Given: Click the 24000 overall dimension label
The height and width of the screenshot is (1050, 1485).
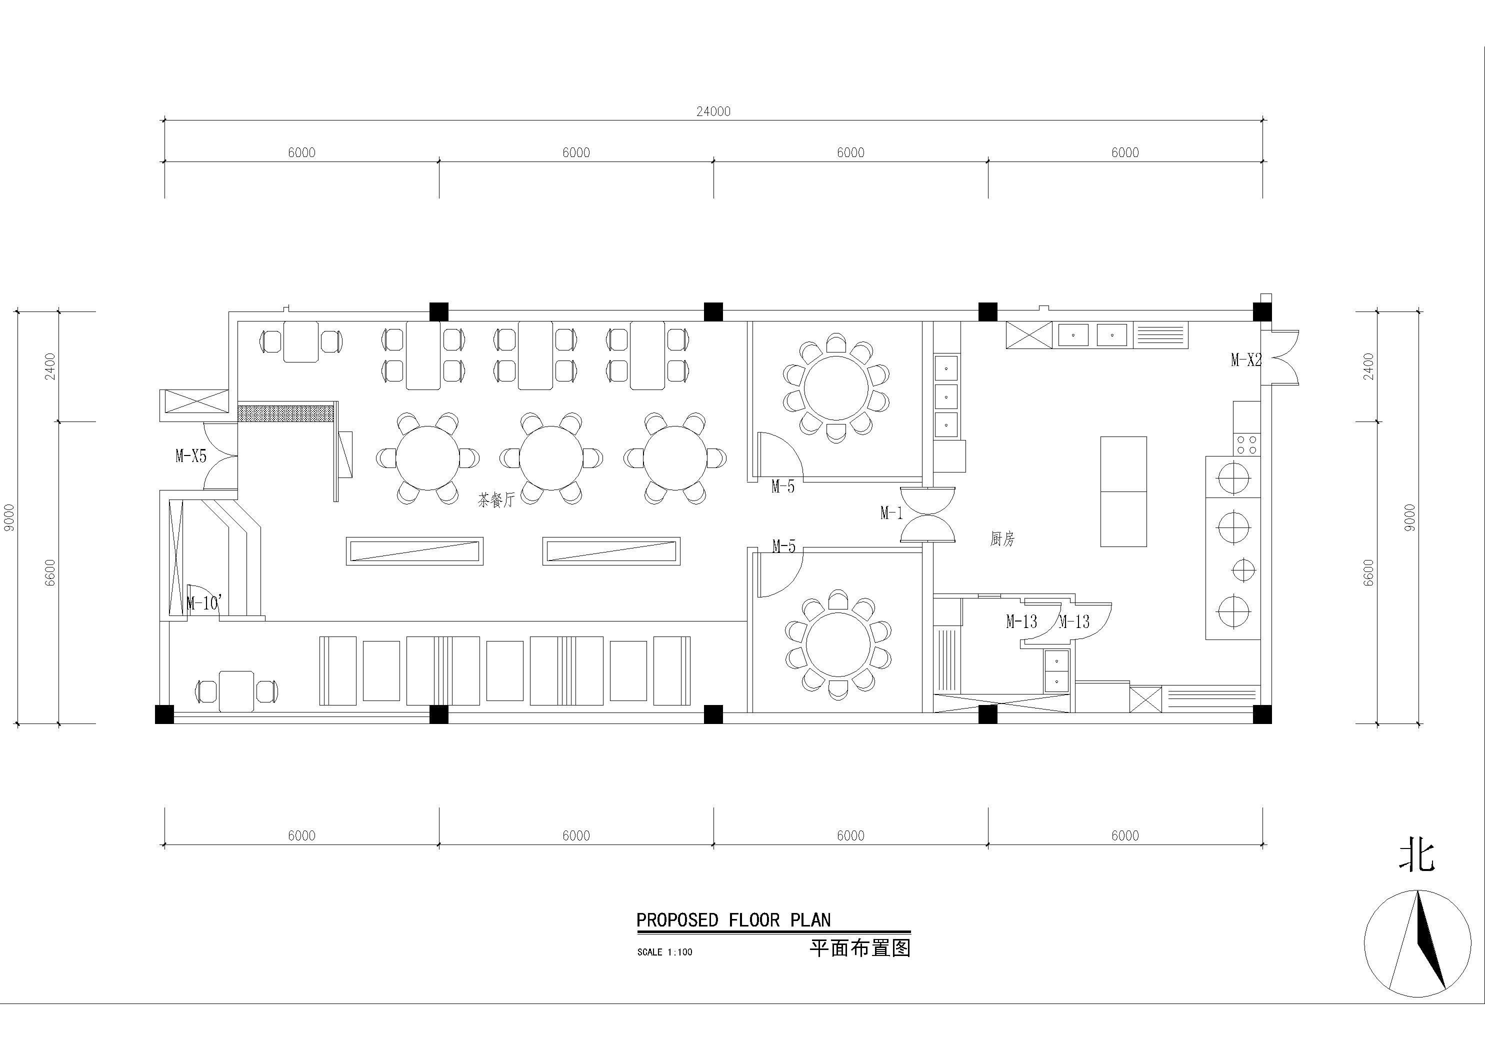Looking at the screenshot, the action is tap(713, 111).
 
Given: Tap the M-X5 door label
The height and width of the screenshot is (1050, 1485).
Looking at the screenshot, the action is tap(191, 456).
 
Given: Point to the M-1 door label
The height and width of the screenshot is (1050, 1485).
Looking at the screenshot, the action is tap(891, 513).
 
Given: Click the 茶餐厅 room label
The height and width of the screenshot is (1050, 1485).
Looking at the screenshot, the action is tap(496, 500).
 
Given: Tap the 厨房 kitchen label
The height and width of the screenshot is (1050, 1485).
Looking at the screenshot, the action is tap(1002, 539).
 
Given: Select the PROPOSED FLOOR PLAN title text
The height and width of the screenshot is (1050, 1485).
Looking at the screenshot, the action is tap(733, 920).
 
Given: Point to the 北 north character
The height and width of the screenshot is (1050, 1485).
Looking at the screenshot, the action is tap(1416, 856).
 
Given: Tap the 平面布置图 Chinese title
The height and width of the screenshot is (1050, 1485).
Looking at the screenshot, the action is tap(860, 948).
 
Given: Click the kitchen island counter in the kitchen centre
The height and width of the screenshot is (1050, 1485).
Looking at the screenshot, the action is tap(1123, 491).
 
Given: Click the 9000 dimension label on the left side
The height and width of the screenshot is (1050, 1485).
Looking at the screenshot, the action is tap(9, 517).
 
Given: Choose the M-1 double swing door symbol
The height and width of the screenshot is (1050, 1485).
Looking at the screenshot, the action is tap(927, 514).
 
